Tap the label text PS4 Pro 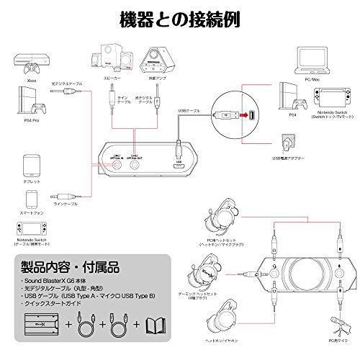30,125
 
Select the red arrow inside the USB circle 245,114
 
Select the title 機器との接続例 179,16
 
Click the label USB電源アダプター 287,161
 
